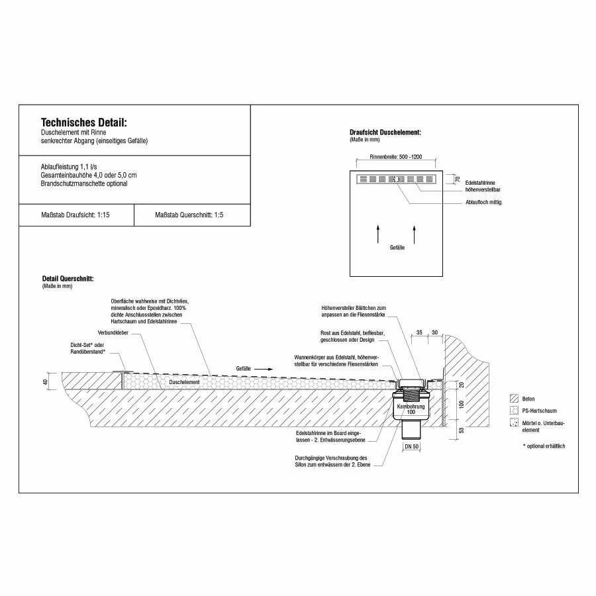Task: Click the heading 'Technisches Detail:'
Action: [x=83, y=123]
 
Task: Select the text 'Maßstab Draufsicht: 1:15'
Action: [x=75, y=215]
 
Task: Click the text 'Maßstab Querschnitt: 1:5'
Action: [x=189, y=215]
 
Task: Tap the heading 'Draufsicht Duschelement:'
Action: [x=385, y=132]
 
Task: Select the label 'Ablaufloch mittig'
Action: [x=483, y=202]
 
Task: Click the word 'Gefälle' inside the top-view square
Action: [x=396, y=246]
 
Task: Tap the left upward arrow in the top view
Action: [x=378, y=233]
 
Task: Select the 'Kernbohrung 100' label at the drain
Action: [x=411, y=409]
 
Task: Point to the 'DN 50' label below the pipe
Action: [x=412, y=446]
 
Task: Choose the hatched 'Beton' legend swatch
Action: [x=513, y=399]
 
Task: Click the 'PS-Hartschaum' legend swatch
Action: [x=513, y=411]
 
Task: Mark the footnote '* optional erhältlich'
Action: [x=544, y=446]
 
